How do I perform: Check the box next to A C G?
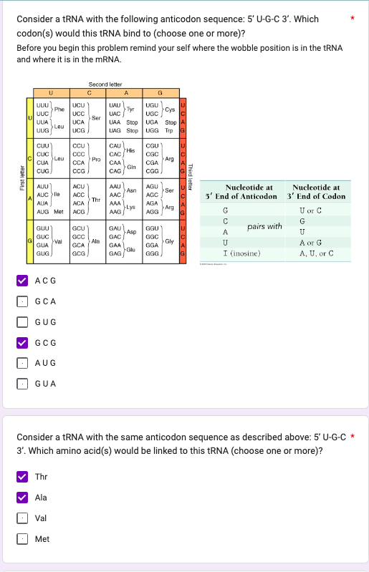[23, 281]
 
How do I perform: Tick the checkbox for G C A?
[23, 301]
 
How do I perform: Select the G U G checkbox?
[23, 322]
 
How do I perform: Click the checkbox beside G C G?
[23, 342]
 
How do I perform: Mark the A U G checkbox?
[23, 363]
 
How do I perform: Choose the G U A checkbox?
[23, 384]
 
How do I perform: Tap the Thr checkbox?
[23, 477]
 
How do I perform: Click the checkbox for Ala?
[23, 498]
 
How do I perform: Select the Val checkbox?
[23, 518]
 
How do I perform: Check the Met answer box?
[23, 538]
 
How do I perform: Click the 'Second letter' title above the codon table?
[107, 84]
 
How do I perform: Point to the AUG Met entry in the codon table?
[50, 212]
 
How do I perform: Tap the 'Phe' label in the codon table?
[59, 110]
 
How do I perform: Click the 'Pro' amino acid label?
[95, 160]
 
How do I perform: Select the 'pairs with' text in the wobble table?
[264, 227]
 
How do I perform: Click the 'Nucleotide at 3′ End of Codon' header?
[315, 191]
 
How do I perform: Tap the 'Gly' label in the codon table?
[169, 241]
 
